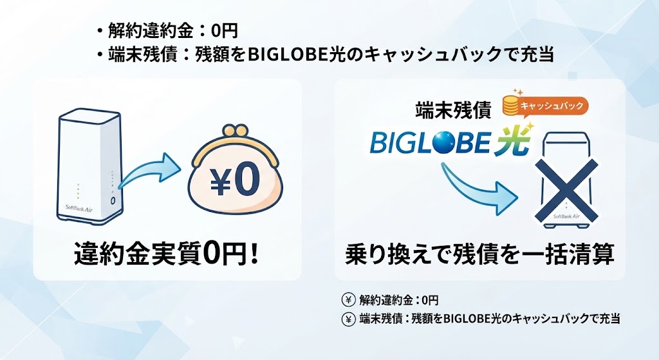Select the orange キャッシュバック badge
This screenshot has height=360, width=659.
pyautogui.click(x=552, y=106)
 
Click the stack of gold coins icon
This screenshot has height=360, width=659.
pyautogui.click(x=511, y=105)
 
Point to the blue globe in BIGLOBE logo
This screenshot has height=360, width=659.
pyautogui.click(x=452, y=142)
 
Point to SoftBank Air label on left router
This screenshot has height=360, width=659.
pyautogui.click(x=79, y=208)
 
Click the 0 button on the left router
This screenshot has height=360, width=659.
pyautogui.click(x=113, y=201)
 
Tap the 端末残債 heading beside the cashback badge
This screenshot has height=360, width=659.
pyautogui.click(x=453, y=111)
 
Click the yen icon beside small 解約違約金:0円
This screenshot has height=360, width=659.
pyautogui.click(x=348, y=300)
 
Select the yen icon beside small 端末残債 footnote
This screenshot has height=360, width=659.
pyautogui.click(x=348, y=319)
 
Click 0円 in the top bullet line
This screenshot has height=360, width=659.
pyautogui.click(x=225, y=30)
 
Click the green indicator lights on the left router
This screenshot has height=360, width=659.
pyautogui.click(x=78, y=191)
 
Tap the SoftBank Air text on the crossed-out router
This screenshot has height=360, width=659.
pyautogui.click(x=566, y=216)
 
